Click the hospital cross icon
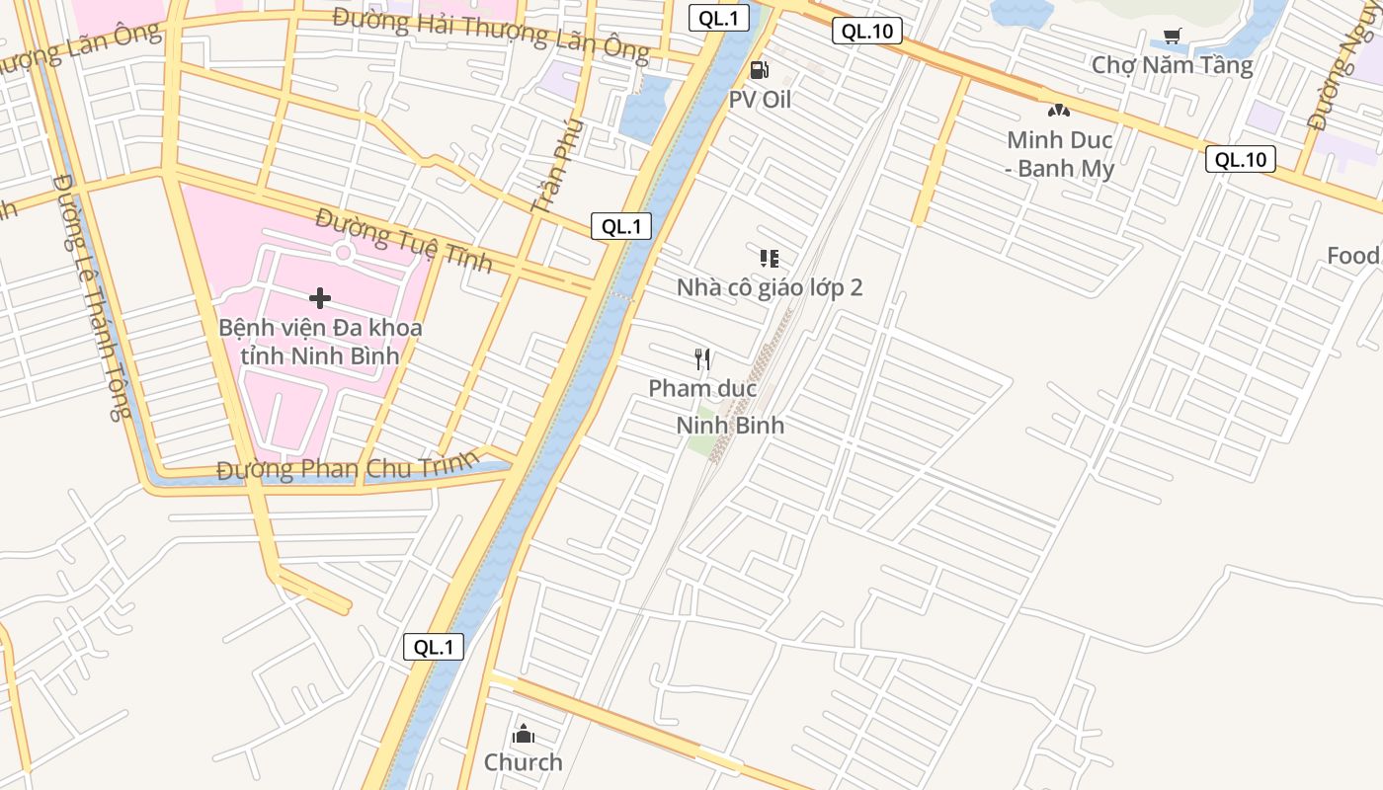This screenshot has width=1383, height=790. pyautogui.click(x=319, y=297)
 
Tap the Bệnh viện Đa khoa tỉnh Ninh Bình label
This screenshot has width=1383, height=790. pyautogui.click(x=320, y=341)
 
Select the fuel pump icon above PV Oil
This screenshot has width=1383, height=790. pyautogui.click(x=759, y=69)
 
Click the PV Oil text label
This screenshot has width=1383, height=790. pyautogui.click(x=760, y=100)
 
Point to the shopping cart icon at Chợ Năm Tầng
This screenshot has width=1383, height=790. pyautogui.click(x=1172, y=37)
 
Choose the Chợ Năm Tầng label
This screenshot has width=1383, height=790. pyautogui.click(x=1172, y=65)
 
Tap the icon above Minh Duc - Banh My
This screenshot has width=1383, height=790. pyautogui.click(x=1059, y=112)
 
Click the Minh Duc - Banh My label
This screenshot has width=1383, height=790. pyautogui.click(x=1060, y=154)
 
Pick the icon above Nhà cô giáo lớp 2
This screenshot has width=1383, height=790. pyautogui.click(x=769, y=259)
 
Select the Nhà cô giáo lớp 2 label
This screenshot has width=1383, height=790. pyautogui.click(x=770, y=287)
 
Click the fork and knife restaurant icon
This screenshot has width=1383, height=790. pyautogui.click(x=702, y=358)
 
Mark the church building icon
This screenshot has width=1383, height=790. pyautogui.click(x=524, y=734)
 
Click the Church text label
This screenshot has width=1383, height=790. pyautogui.click(x=523, y=762)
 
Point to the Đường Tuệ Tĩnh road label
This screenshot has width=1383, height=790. pyautogui.click(x=404, y=240)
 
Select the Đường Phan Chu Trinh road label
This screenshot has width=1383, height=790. pyautogui.click(x=348, y=467)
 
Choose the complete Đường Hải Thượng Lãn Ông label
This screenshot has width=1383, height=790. pyautogui.click(x=490, y=33)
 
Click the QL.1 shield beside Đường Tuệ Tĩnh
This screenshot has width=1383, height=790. pyautogui.click(x=621, y=226)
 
